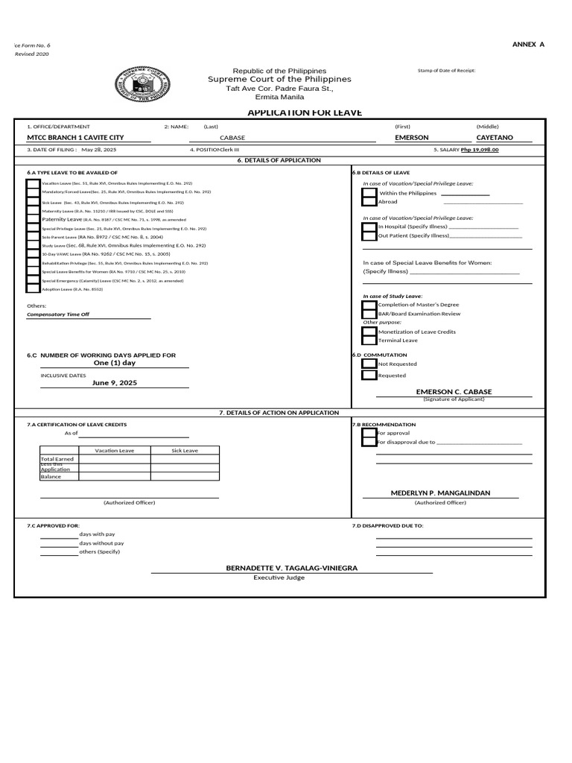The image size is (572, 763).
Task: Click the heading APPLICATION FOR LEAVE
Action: [x=294, y=113]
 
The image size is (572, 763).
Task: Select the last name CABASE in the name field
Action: [x=232, y=139]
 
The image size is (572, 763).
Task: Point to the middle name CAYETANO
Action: [x=494, y=138]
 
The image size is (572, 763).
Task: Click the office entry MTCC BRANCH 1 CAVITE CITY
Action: [x=75, y=138]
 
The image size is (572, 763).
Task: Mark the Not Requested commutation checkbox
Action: [x=369, y=364]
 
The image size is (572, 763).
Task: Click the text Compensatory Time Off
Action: [x=58, y=314]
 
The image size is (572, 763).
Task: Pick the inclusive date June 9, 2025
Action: [x=115, y=382]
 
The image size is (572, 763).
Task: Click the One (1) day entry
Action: [x=115, y=363]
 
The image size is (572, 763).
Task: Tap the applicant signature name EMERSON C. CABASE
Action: [x=454, y=392]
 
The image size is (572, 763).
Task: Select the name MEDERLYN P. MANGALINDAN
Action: [x=441, y=493]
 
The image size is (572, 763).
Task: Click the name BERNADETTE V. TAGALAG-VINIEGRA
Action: [x=292, y=568]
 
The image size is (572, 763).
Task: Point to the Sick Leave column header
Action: [x=185, y=451]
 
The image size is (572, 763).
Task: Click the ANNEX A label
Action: [x=528, y=45]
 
